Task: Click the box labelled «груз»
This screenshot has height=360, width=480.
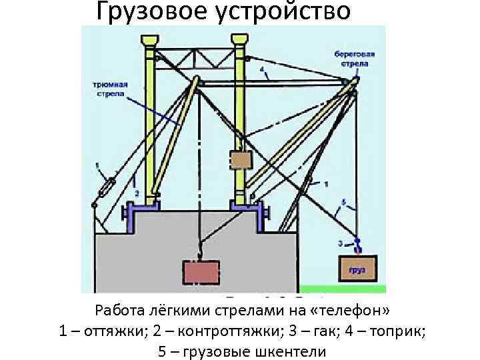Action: point(357,268)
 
